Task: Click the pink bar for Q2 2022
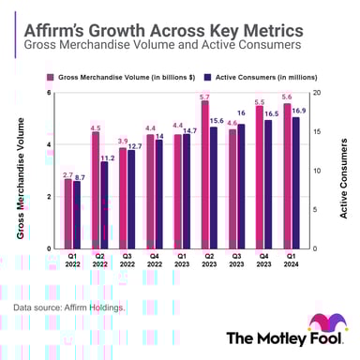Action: pos(96,190)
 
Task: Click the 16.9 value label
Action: pos(298,111)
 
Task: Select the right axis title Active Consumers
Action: pos(343,178)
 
